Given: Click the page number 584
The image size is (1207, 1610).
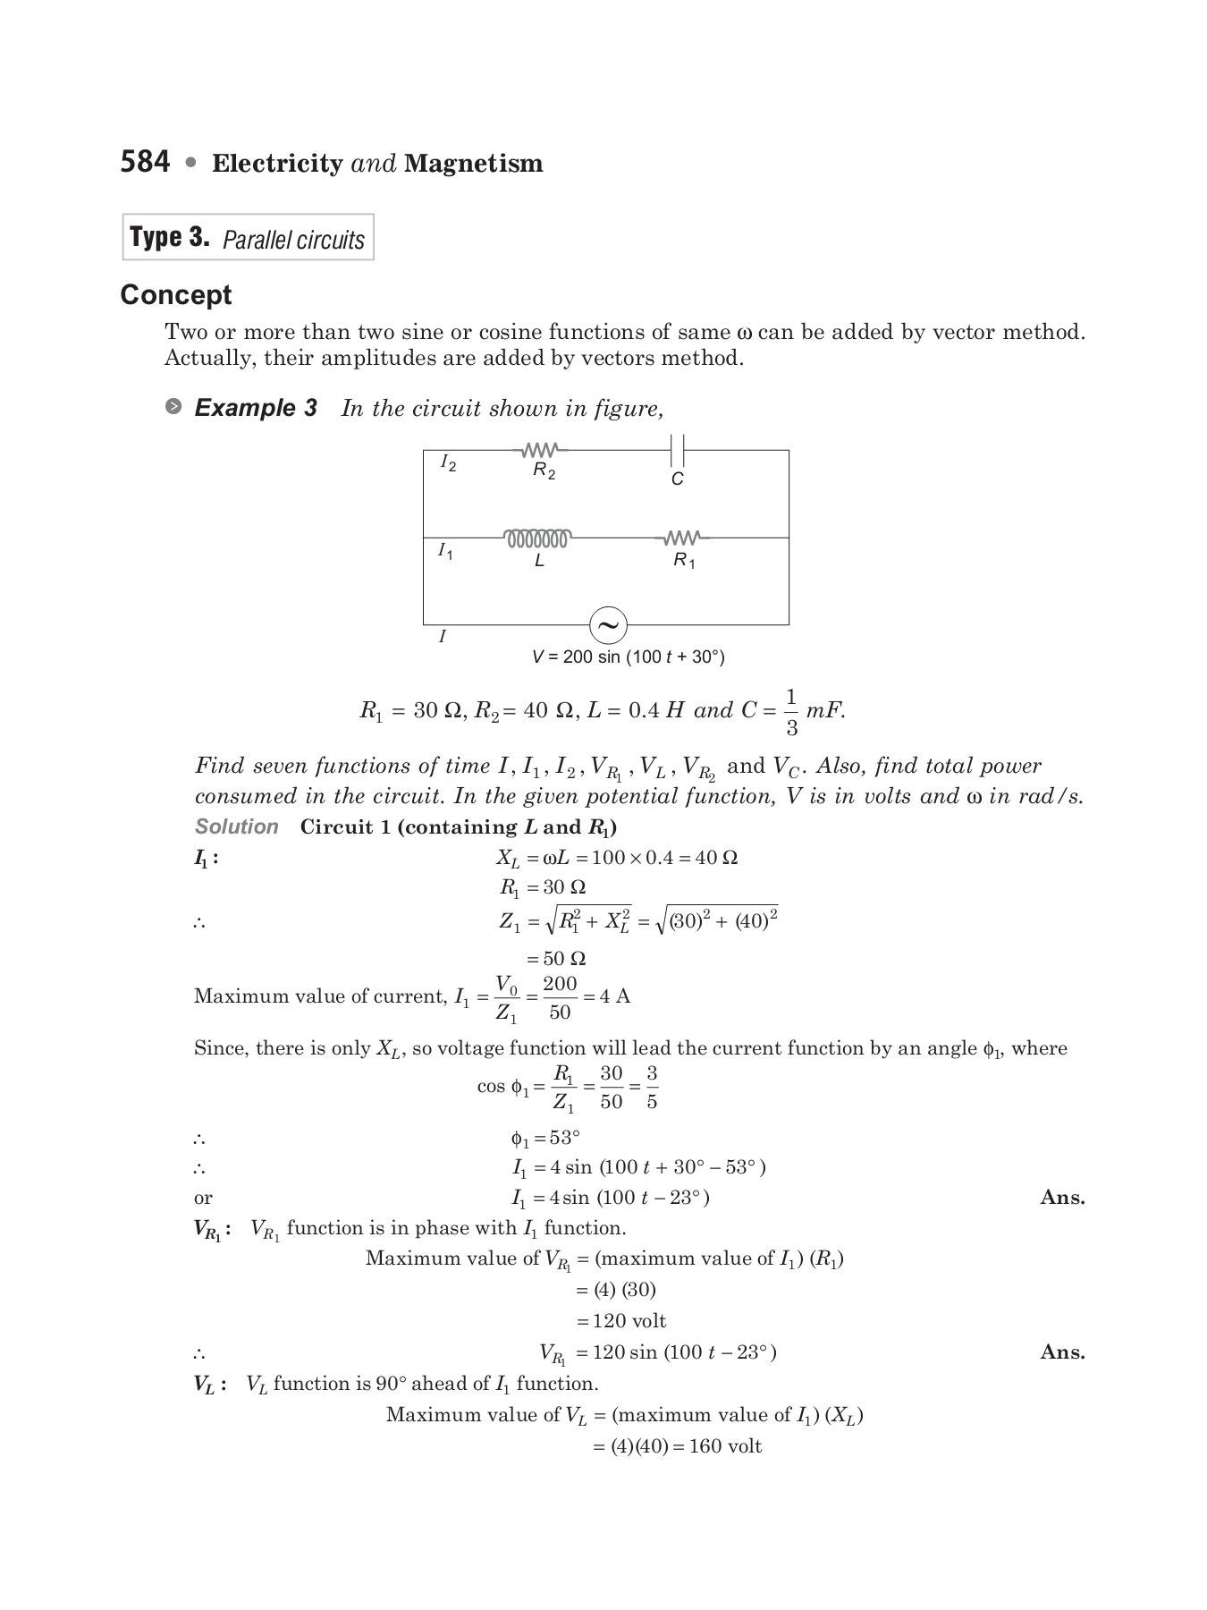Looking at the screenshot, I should [x=145, y=162].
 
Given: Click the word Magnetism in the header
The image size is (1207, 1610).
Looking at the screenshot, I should [x=473, y=164].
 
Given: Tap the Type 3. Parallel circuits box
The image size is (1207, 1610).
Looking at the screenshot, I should [x=248, y=238].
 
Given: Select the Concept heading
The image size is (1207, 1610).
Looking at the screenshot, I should [x=176, y=295].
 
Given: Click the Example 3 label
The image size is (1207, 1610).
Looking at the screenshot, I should [x=255, y=409].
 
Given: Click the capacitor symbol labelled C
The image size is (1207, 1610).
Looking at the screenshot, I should [x=677, y=450].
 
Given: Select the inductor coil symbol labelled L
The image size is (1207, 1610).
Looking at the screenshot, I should [x=537, y=538].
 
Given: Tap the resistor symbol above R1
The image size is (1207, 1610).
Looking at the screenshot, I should [x=682, y=538].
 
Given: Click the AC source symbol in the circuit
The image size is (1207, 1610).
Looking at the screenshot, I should [x=608, y=625].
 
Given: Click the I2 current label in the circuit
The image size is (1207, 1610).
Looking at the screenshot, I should [x=448, y=463].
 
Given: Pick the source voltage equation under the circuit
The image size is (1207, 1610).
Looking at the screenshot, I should [x=628, y=657].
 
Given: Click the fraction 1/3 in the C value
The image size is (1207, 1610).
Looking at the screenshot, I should [x=790, y=712].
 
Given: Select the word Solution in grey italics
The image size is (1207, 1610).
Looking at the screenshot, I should [x=237, y=827].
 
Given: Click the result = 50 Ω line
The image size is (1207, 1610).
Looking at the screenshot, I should [x=555, y=959].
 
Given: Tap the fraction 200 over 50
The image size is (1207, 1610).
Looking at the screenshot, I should [x=560, y=997].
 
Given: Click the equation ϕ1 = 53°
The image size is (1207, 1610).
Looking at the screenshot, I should [x=545, y=1139].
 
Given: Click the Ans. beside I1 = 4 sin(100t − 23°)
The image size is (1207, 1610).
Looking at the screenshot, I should [x=1062, y=1198].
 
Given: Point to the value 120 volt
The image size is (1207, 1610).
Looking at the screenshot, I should [x=629, y=1321].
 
